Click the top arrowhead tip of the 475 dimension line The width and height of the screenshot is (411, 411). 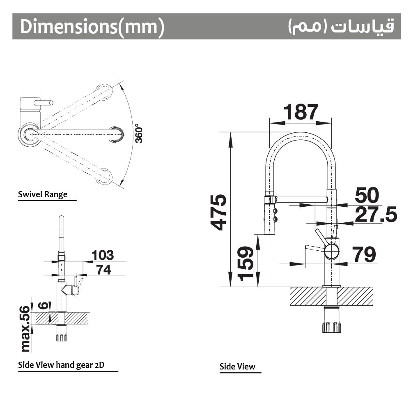pos(231,132)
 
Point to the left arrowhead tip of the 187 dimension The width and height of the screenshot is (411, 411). pos(270,123)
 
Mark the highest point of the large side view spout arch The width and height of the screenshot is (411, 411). pos(301,132)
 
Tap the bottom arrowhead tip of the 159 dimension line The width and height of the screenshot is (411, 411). pos(258,286)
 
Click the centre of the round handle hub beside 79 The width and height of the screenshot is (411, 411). pos(332,251)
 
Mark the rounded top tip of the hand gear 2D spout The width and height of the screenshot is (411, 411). pos(61,216)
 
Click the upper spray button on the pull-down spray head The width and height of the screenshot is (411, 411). pos(275,210)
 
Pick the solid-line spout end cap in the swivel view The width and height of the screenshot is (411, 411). pos(117,134)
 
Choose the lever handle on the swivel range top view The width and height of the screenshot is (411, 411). pos(44,103)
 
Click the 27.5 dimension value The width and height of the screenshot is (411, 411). pos(376,215)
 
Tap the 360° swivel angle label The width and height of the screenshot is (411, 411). pos(139,134)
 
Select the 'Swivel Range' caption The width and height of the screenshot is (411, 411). pos(43,194)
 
